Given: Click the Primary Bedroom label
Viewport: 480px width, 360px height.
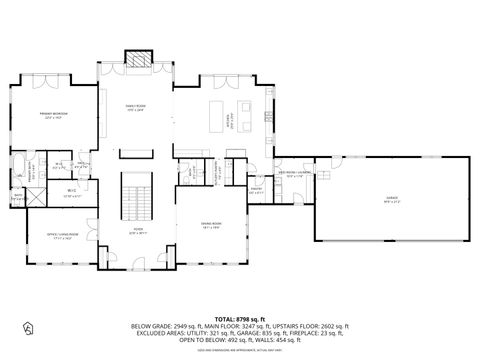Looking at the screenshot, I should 53,117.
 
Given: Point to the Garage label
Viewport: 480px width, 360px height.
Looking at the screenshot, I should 391,198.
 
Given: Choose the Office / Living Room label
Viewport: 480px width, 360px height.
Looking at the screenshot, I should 61,236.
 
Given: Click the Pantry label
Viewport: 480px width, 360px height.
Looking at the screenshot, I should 256,189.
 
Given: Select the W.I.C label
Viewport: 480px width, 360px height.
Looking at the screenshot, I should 72,193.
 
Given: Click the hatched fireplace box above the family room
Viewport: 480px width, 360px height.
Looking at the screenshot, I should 135,61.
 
